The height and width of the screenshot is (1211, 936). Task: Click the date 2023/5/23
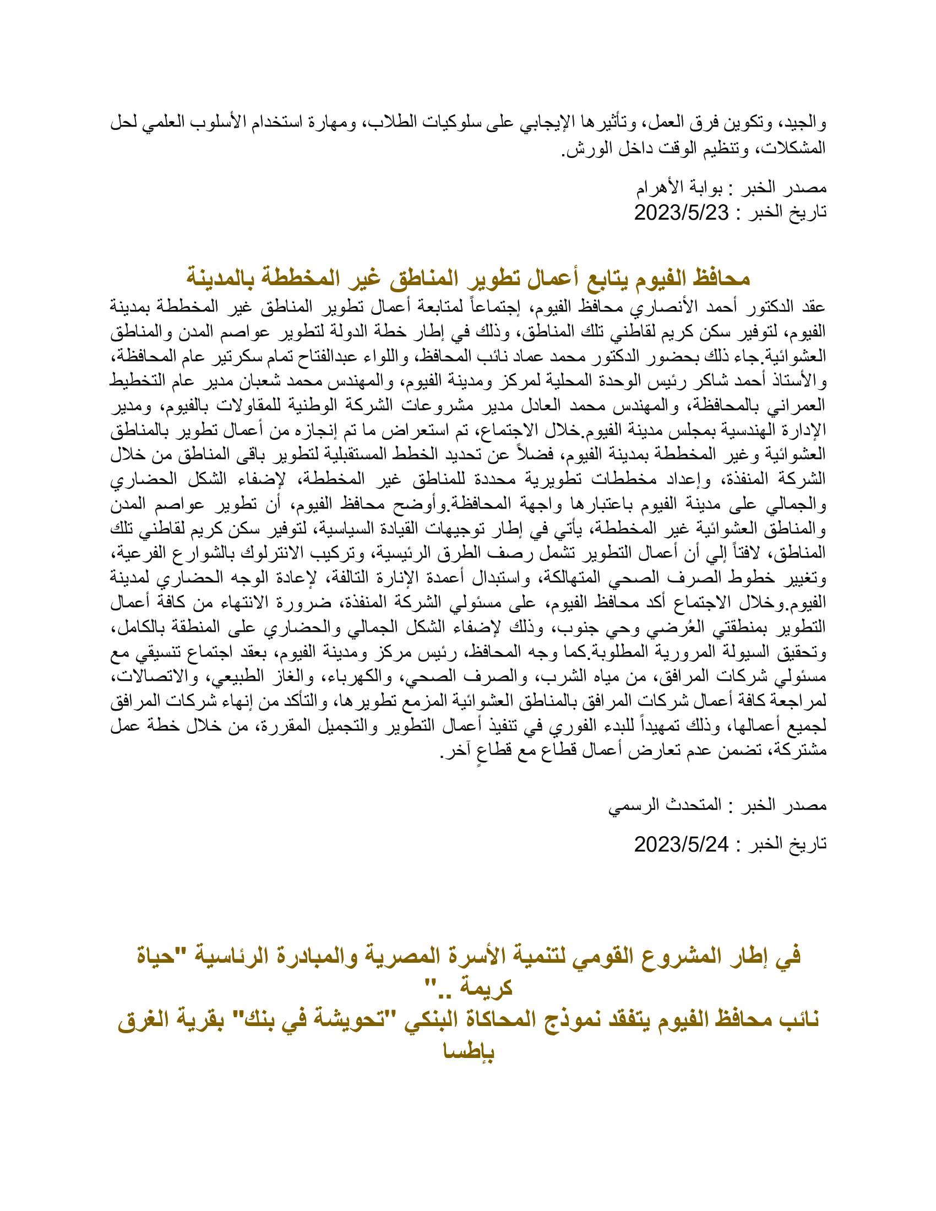click(x=681, y=212)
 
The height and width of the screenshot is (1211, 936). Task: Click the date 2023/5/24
click(x=681, y=844)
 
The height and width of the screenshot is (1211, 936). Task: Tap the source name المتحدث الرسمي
click(x=666, y=805)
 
